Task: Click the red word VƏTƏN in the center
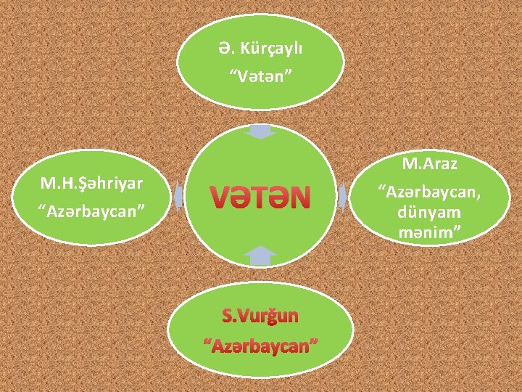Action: point(260,196)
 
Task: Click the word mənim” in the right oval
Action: point(430,233)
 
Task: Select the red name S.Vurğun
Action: point(260,316)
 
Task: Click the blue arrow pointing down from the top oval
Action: point(260,131)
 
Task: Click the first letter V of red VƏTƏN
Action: point(218,196)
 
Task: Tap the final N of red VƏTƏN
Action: point(301,196)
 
